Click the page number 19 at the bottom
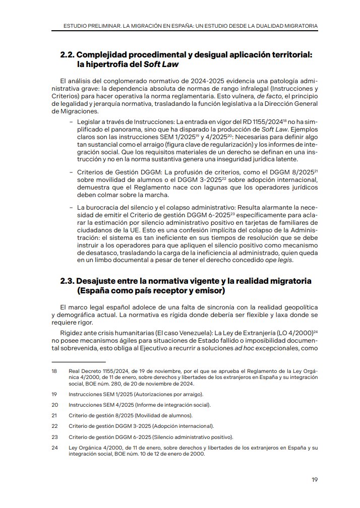(315, 479)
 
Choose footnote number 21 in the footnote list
(54, 416)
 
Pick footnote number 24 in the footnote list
(54, 447)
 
